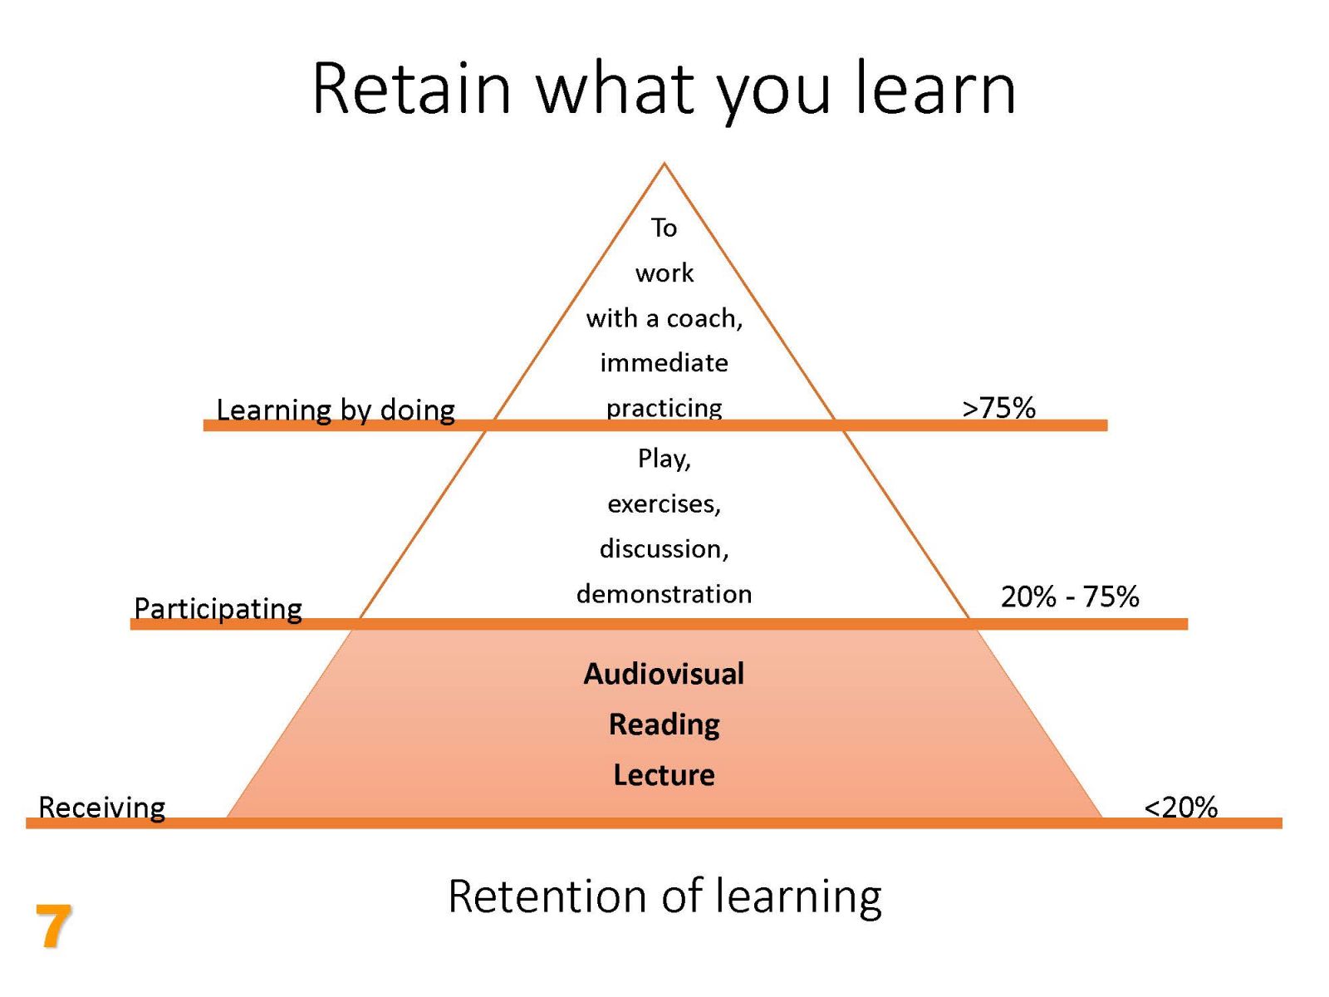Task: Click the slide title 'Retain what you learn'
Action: coord(664,89)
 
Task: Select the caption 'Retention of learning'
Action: coord(664,897)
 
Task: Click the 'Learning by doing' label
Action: coord(336,410)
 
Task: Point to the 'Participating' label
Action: coord(218,608)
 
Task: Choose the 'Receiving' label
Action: coord(101,807)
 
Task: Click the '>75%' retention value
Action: coord(998,407)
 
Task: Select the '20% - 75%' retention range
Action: coord(1070,597)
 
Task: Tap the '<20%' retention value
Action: coord(1180,807)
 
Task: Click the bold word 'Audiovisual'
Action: coord(664,674)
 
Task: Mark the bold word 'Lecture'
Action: coord(664,775)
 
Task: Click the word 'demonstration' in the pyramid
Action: coord(664,594)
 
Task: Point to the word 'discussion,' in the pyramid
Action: coord(664,549)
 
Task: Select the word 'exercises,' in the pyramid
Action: coord(664,504)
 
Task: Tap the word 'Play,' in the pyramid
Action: coord(664,459)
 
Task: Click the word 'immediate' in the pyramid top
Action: coord(664,362)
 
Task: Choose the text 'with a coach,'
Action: coord(664,318)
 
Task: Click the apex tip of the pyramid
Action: coord(664,162)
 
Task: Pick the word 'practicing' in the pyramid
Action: coord(664,409)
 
